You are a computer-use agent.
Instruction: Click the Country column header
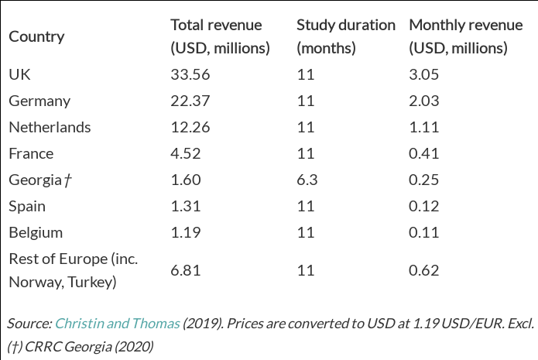tap(36, 36)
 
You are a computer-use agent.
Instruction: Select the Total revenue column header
tap(220, 36)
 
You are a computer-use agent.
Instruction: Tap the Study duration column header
tap(345, 36)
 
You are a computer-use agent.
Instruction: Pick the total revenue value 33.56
tap(190, 74)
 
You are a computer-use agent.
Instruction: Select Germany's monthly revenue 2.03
tap(424, 101)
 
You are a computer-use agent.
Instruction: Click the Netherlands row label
tap(50, 127)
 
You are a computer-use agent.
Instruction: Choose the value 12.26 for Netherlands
tap(190, 127)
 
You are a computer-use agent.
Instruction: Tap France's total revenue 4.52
tap(187, 153)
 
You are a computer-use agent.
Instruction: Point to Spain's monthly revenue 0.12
tap(424, 206)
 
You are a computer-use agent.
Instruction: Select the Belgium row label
tap(36, 232)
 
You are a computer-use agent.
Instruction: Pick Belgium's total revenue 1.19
tap(186, 232)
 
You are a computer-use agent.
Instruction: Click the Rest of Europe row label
tap(73, 269)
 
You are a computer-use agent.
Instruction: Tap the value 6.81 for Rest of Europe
tap(186, 269)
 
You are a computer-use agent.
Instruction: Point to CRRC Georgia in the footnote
tap(72, 345)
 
